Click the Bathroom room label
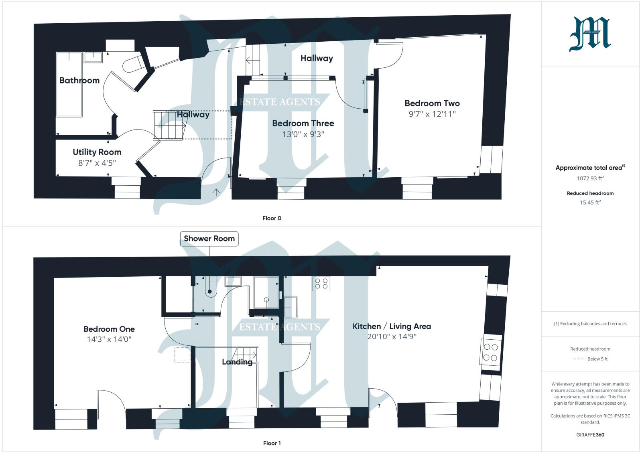tap(79, 80)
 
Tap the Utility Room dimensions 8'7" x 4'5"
tap(97, 163)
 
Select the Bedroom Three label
tap(303, 123)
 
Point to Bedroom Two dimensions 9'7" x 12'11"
tap(432, 114)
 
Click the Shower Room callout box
tap(209, 239)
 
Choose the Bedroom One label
tap(109, 329)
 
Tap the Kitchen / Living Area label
tap(391, 326)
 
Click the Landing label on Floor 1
tap(237, 362)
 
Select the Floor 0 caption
tap(272, 218)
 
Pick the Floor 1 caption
tap(272, 443)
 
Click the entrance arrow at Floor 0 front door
tap(216, 193)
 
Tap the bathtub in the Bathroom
tap(69, 84)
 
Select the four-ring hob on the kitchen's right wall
tap(490, 352)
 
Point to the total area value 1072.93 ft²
tap(590, 178)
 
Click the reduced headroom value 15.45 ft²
tap(590, 203)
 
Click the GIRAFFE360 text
tap(590, 435)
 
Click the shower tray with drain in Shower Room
tap(266, 292)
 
